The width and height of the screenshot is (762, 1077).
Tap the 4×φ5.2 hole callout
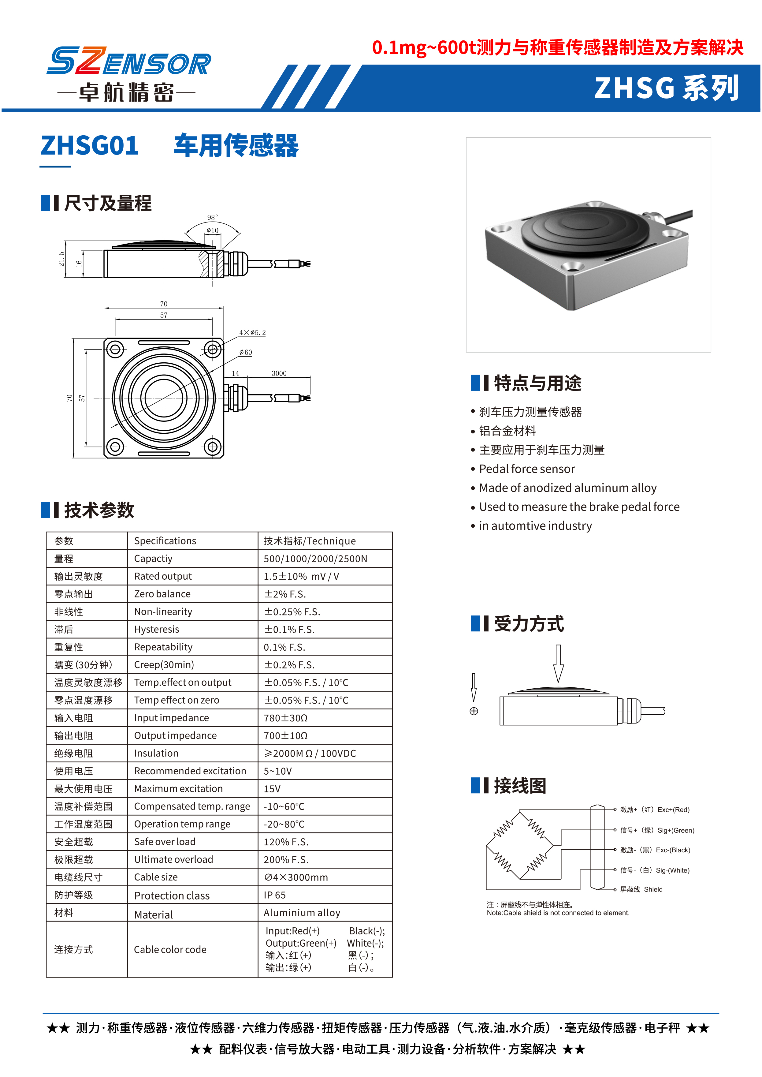tap(252, 332)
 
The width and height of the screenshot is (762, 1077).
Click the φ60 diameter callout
tap(245, 352)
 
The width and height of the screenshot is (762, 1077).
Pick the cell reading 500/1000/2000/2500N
tap(315, 559)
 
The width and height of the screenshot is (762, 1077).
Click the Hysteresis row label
tap(157, 629)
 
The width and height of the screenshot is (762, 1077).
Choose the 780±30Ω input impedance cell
tap(285, 718)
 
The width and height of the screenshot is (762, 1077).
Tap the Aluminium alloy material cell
tap(302, 913)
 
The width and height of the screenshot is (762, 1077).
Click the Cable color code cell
tap(170, 949)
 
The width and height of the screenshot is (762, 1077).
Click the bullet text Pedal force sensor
tap(526, 469)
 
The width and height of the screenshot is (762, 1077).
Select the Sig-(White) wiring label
tap(655, 870)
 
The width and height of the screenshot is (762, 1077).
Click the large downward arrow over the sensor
tap(558, 663)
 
